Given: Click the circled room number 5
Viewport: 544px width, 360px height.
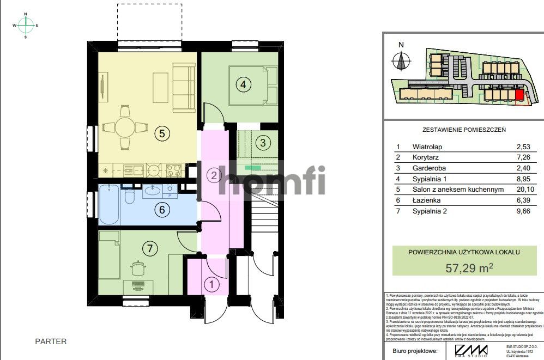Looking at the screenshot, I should [x=160, y=132].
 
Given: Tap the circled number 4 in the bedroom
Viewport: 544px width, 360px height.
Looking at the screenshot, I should [x=243, y=84].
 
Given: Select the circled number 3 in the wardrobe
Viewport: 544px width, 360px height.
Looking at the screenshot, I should [x=263, y=143].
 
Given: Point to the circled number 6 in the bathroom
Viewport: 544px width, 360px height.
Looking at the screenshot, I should [x=160, y=209].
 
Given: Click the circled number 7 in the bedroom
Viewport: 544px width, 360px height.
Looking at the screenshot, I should [x=147, y=248].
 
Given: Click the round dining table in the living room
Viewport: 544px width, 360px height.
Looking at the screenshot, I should [x=125, y=128].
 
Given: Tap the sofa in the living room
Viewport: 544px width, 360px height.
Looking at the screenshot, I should [x=184, y=87].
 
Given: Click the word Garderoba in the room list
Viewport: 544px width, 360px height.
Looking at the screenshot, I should [x=430, y=168].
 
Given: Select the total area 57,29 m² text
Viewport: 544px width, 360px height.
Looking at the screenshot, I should [x=469, y=267].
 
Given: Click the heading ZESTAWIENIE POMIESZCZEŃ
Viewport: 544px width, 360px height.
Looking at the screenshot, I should [x=464, y=130].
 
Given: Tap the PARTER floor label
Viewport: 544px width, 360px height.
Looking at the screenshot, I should [x=51, y=341].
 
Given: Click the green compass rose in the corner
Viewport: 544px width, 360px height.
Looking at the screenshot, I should [x=26, y=25].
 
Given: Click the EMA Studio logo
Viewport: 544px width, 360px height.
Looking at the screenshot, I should [x=472, y=350].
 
